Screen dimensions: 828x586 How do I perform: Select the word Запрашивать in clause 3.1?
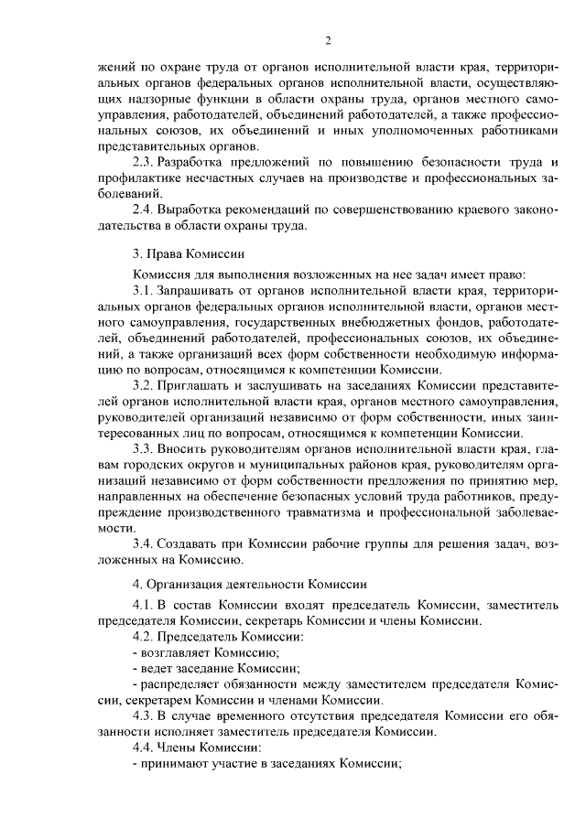point(193,290)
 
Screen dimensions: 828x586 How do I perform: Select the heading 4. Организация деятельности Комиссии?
point(250,583)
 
